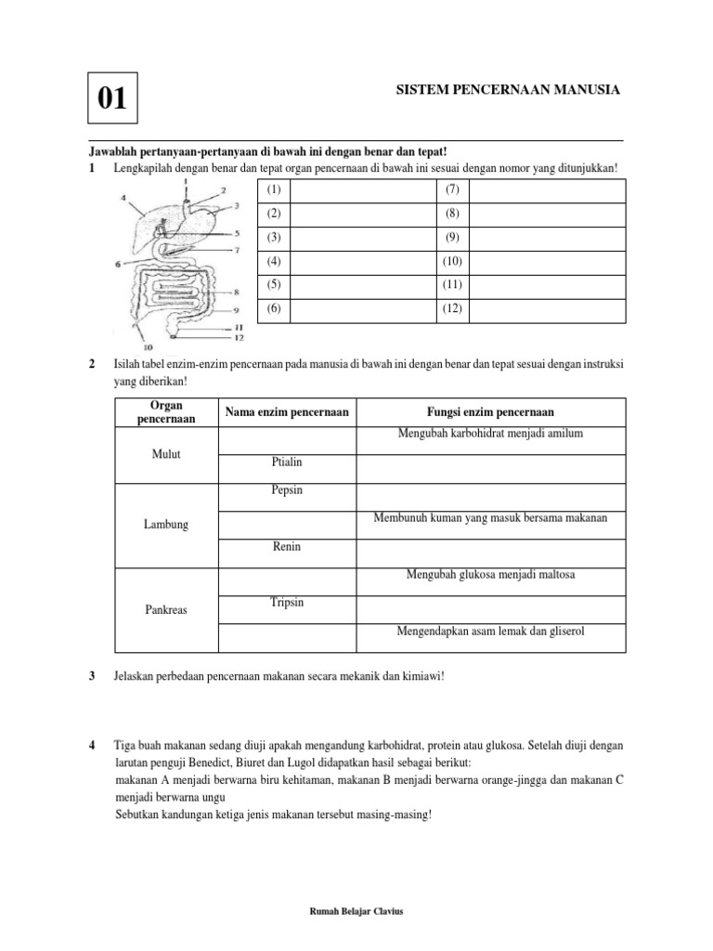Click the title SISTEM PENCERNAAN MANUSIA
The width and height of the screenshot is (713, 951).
point(507,89)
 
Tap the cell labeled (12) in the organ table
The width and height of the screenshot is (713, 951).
point(453,308)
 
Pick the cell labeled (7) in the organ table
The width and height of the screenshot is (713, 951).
point(453,189)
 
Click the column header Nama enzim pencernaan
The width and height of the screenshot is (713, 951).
point(286,411)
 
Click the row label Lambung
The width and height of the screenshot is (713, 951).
point(165,525)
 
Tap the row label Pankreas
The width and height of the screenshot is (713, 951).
point(165,610)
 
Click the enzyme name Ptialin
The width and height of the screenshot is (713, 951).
point(286,462)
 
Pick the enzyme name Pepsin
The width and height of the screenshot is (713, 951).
point(286,489)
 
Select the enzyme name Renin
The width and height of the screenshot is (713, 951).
point(286,547)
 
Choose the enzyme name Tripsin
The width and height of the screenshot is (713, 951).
point(286,603)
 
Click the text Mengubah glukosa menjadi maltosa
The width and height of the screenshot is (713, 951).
point(490,575)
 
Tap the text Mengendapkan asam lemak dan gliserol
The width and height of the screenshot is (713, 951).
point(490,632)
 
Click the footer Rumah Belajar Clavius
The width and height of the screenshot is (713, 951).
point(356,911)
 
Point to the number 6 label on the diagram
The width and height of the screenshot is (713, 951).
point(117,264)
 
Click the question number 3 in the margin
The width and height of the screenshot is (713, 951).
point(92,676)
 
